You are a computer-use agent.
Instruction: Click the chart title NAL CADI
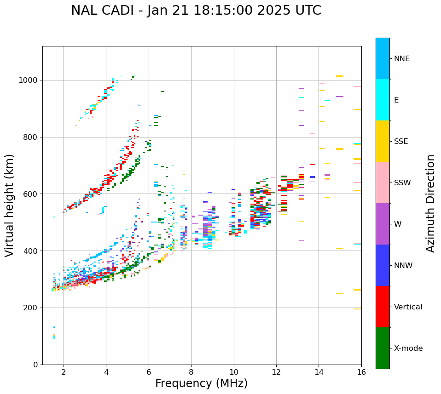coord(196,11)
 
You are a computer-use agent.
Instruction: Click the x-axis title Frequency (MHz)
coord(201,383)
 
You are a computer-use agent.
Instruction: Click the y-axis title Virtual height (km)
coord(10,206)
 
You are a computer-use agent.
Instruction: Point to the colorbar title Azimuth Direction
coord(430,203)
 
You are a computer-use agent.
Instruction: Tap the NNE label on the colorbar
coord(401,59)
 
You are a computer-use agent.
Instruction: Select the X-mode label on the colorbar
coord(408,348)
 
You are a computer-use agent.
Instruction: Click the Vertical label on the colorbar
coord(408,307)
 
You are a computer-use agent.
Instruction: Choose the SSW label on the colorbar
coord(402,183)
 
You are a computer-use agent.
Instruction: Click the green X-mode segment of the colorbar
coord(383,348)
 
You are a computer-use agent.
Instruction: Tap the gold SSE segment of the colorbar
coord(383,141)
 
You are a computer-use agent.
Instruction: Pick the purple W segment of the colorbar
coord(383,224)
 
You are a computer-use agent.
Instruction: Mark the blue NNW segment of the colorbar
coord(383,265)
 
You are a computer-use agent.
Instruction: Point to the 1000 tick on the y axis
coord(29,80)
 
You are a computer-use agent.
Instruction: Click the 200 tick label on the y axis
coord(31,308)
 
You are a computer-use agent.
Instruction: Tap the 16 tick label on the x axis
coord(361,372)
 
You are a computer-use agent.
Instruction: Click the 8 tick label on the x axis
coord(191,372)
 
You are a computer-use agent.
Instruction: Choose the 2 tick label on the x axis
coord(64,372)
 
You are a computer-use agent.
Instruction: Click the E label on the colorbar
coord(396,100)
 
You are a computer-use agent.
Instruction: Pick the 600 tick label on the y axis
coord(31,194)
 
